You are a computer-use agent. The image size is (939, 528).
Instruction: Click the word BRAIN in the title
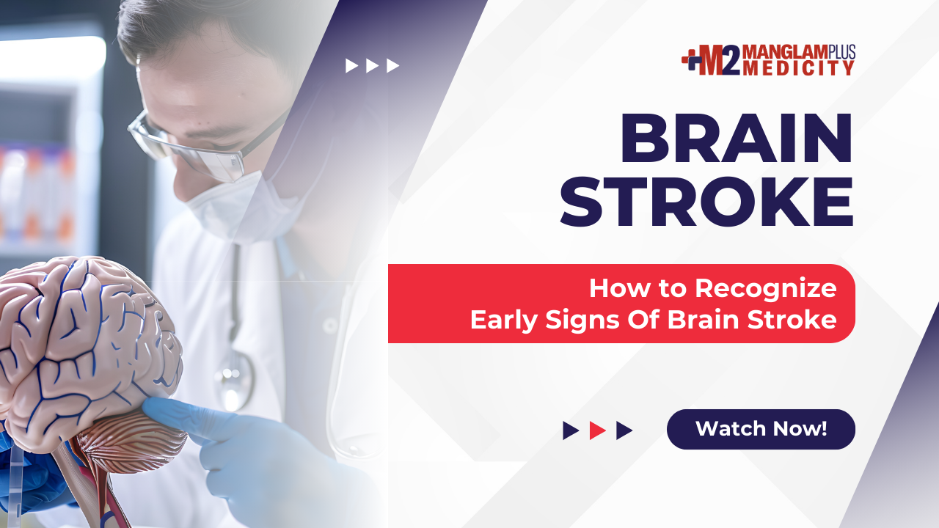click(737, 138)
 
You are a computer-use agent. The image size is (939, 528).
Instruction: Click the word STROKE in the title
click(706, 202)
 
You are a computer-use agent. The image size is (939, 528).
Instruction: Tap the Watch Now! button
click(761, 429)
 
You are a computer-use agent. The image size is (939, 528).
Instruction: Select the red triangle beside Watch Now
click(597, 430)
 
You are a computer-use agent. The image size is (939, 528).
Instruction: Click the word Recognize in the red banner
click(765, 288)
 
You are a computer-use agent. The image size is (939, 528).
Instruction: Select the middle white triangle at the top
click(372, 66)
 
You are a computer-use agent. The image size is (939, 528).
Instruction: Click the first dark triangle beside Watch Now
click(571, 430)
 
